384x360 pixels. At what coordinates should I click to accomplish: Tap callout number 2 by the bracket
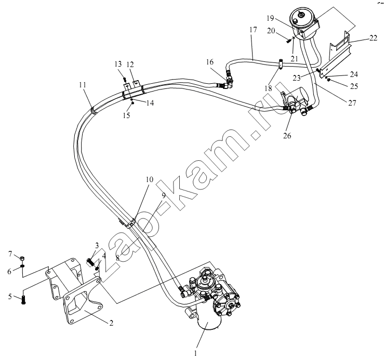(111, 323)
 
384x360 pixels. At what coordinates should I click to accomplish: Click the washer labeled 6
(22, 266)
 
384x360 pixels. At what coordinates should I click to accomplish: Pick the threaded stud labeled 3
(90, 262)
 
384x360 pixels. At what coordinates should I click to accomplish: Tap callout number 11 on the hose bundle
(83, 85)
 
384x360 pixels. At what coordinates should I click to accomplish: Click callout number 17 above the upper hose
(254, 30)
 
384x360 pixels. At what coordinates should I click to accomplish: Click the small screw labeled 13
(125, 79)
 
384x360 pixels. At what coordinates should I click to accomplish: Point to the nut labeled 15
(133, 103)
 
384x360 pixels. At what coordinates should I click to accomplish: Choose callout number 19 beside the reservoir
(270, 18)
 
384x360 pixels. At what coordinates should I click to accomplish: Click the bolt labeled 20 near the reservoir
(288, 40)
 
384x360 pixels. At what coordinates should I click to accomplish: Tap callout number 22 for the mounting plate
(373, 38)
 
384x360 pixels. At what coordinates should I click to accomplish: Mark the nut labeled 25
(329, 80)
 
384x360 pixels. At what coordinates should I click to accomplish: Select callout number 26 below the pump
(287, 135)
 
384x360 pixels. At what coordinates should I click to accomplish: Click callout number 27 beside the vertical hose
(352, 103)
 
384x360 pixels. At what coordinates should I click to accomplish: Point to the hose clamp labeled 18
(281, 64)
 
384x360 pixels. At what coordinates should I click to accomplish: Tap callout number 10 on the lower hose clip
(149, 179)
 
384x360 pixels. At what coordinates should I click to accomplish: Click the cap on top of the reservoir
(301, 16)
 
